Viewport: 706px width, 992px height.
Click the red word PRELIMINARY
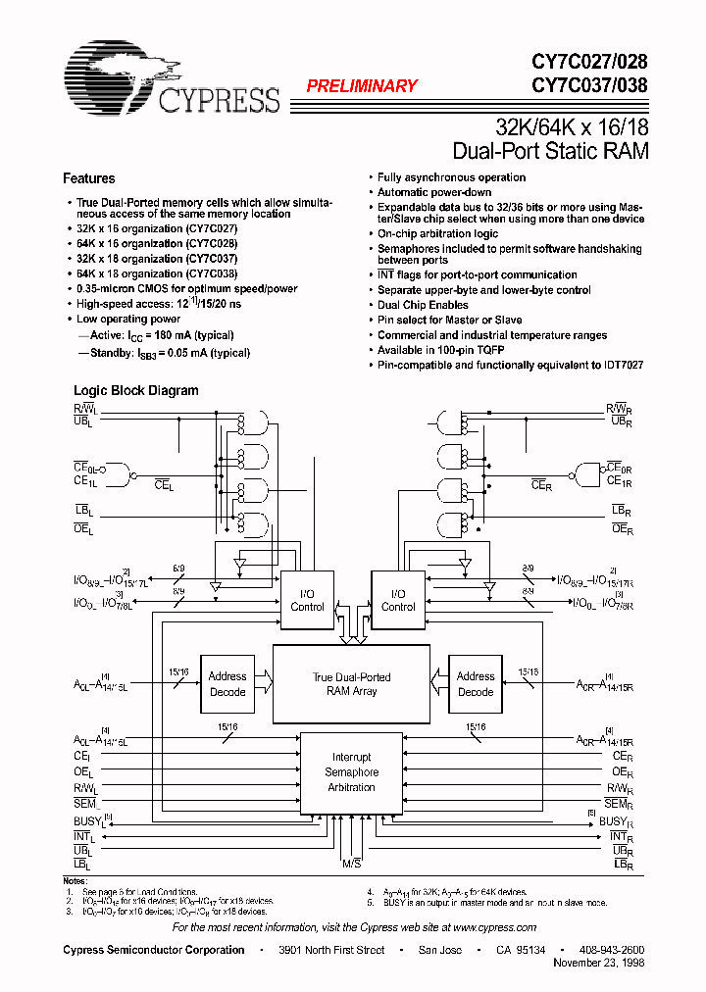pos(362,86)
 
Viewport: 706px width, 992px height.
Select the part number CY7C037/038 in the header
pos(589,85)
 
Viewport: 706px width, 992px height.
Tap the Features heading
pos(88,178)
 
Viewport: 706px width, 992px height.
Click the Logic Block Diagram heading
pos(135,390)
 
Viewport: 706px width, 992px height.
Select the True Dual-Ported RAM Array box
pos(351,683)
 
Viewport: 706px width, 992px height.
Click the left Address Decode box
pos(227,683)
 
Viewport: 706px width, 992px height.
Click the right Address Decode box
pos(476,683)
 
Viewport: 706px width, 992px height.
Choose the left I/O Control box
pos(307,600)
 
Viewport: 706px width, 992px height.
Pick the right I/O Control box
pos(397,600)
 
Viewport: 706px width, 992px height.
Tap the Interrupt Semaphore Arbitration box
pos(351,772)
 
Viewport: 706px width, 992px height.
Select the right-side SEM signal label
pos(617,804)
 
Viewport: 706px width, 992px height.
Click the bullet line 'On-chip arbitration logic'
pos(437,234)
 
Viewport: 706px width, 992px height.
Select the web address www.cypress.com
pos(494,927)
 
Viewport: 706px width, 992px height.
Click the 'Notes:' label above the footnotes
pos(76,882)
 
